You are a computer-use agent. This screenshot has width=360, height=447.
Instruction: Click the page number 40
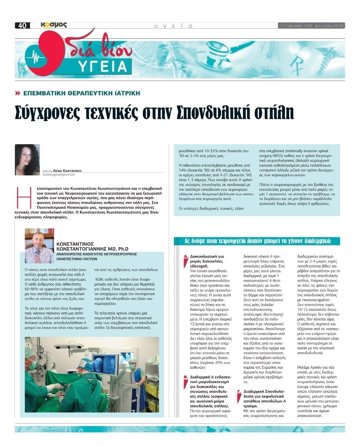[22, 26]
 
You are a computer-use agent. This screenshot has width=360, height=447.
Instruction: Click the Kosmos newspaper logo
[53, 25]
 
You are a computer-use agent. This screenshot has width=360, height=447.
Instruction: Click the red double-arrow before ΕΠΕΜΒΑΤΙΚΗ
[17, 93]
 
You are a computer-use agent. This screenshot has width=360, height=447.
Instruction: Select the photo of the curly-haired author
[27, 160]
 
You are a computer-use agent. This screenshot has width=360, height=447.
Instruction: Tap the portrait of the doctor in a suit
[39, 246]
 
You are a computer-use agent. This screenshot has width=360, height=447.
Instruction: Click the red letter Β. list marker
[186, 377]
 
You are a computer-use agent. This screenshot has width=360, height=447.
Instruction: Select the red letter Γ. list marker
[239, 392]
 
